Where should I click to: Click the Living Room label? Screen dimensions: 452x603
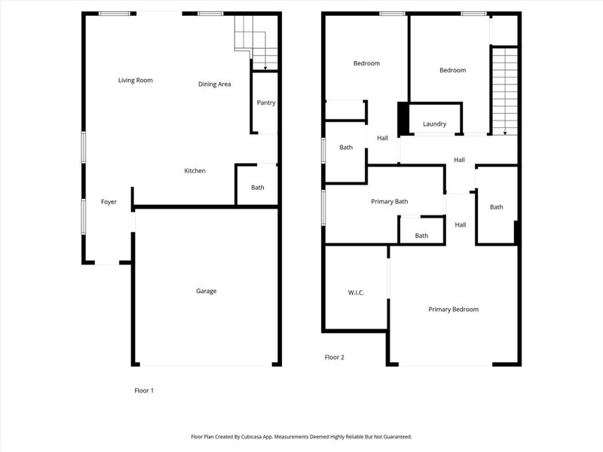coord(136,80)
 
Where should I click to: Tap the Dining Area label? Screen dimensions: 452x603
coord(214,84)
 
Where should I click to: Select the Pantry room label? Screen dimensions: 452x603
coord(265,103)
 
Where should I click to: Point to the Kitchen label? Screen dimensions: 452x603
coord(195,171)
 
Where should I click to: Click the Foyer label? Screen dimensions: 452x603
coord(109,202)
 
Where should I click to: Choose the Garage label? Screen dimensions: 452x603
coord(207,291)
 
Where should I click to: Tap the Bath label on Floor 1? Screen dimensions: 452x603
coord(257,188)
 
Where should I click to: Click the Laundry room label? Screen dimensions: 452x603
coord(434,124)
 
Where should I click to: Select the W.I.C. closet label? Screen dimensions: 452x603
coord(356,292)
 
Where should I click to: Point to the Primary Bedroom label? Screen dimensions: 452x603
coord(453,310)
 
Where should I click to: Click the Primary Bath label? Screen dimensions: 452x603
coord(390,202)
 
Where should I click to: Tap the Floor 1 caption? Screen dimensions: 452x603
coord(143,391)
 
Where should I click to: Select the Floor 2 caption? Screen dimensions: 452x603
coord(335,358)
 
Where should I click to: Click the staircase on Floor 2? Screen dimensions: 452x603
coord(504,90)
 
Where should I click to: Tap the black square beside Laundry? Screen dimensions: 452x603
coord(403,118)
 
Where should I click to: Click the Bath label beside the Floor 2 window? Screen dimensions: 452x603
coord(346,148)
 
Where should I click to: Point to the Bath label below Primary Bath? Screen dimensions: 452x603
coord(421,236)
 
